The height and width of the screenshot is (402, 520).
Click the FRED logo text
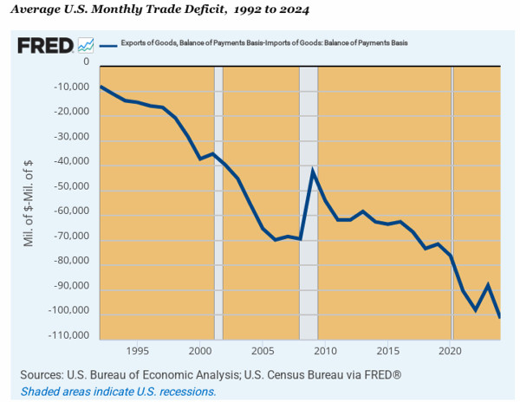(x=44, y=45)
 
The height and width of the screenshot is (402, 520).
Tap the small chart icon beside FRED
(x=86, y=45)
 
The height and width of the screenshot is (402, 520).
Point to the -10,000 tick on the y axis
(x=71, y=88)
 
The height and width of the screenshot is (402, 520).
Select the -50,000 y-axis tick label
(x=71, y=187)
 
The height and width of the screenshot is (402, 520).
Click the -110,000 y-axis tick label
(x=68, y=336)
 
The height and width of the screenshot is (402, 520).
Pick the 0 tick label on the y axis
(x=86, y=62)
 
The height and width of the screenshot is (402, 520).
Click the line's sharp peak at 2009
(x=312, y=170)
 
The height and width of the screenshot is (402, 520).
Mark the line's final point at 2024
(x=499, y=316)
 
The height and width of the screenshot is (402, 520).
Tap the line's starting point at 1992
(x=101, y=86)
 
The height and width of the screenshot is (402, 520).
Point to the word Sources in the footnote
(x=44, y=375)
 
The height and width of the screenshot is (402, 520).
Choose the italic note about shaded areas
(x=118, y=392)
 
